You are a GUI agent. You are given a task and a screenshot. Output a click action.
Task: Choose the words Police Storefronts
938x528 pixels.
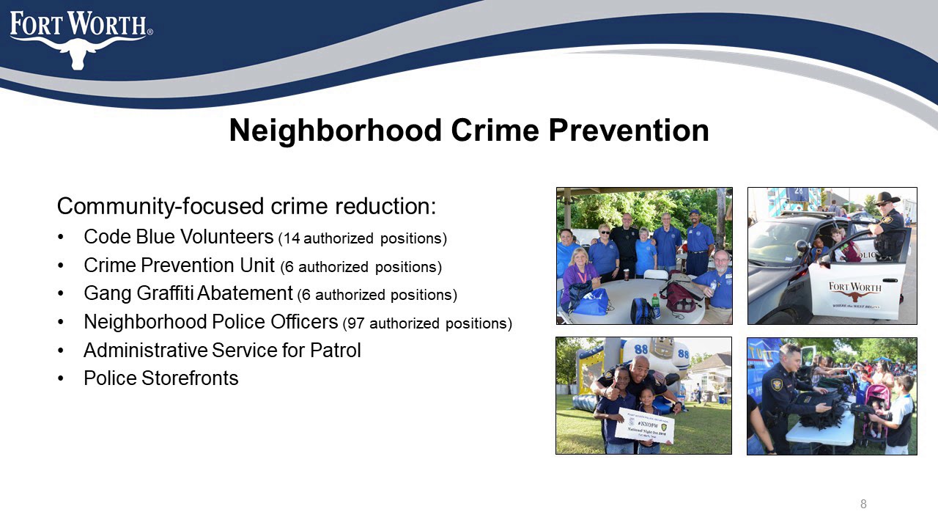coord(161,378)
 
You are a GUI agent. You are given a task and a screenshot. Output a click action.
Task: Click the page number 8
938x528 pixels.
coord(863,504)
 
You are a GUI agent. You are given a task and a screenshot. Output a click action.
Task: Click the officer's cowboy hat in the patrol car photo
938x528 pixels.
coord(887,199)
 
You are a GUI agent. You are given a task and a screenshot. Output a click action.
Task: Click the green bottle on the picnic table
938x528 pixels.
coord(655,305)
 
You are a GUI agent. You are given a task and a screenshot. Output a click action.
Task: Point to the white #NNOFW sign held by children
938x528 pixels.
coord(644,426)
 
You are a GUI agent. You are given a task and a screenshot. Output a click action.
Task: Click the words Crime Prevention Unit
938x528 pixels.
coord(180,265)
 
